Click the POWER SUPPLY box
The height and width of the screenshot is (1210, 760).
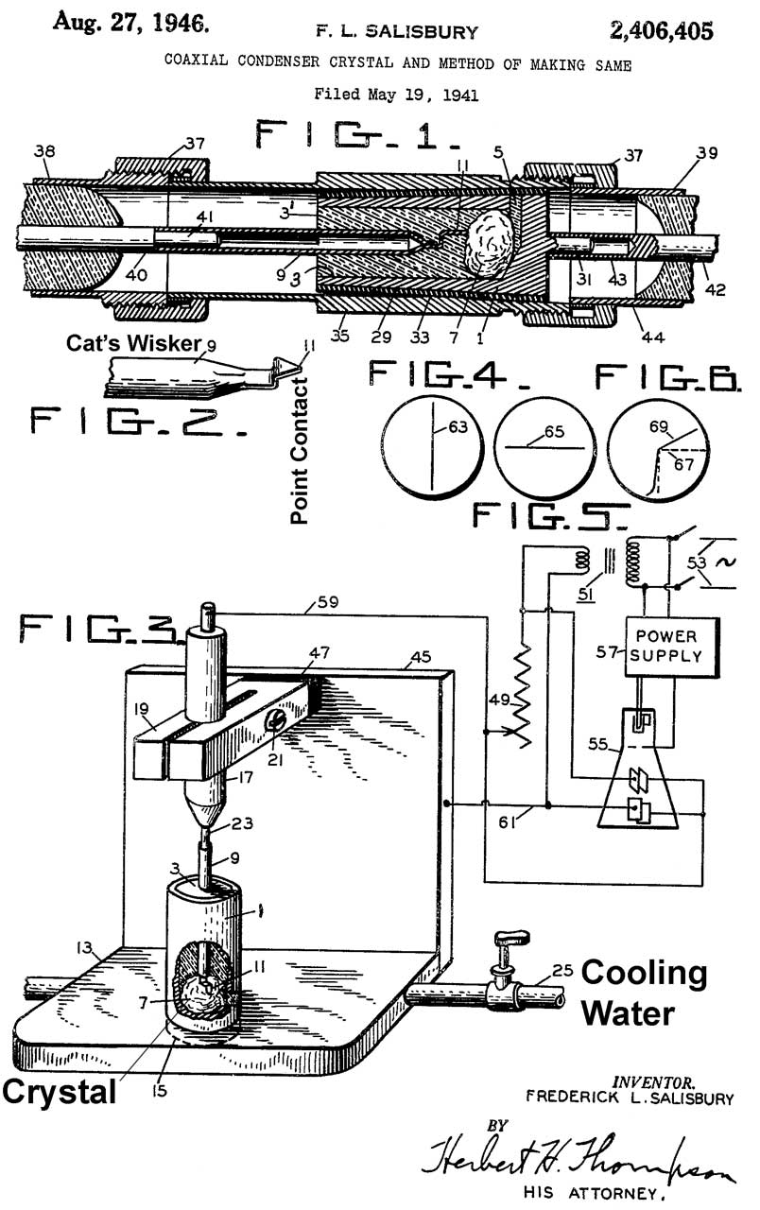point(672,645)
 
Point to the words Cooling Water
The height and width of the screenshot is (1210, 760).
point(643,993)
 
